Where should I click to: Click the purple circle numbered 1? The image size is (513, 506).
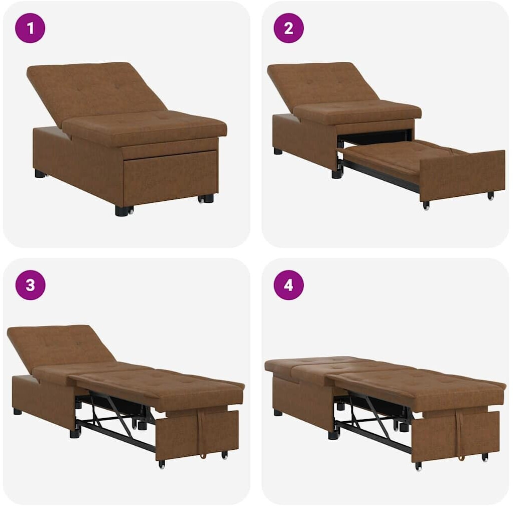pyautogui.click(x=30, y=28)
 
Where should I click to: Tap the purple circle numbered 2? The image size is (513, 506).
pyautogui.click(x=289, y=28)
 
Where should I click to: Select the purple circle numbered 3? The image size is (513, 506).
pyautogui.click(x=30, y=285)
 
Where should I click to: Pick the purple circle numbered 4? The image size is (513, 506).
pyautogui.click(x=289, y=285)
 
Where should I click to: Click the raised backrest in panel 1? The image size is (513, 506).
pyautogui.click(x=95, y=90)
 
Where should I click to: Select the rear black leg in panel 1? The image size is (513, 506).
pyautogui.click(x=40, y=173)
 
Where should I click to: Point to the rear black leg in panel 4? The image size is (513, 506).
pyautogui.click(x=278, y=413)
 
